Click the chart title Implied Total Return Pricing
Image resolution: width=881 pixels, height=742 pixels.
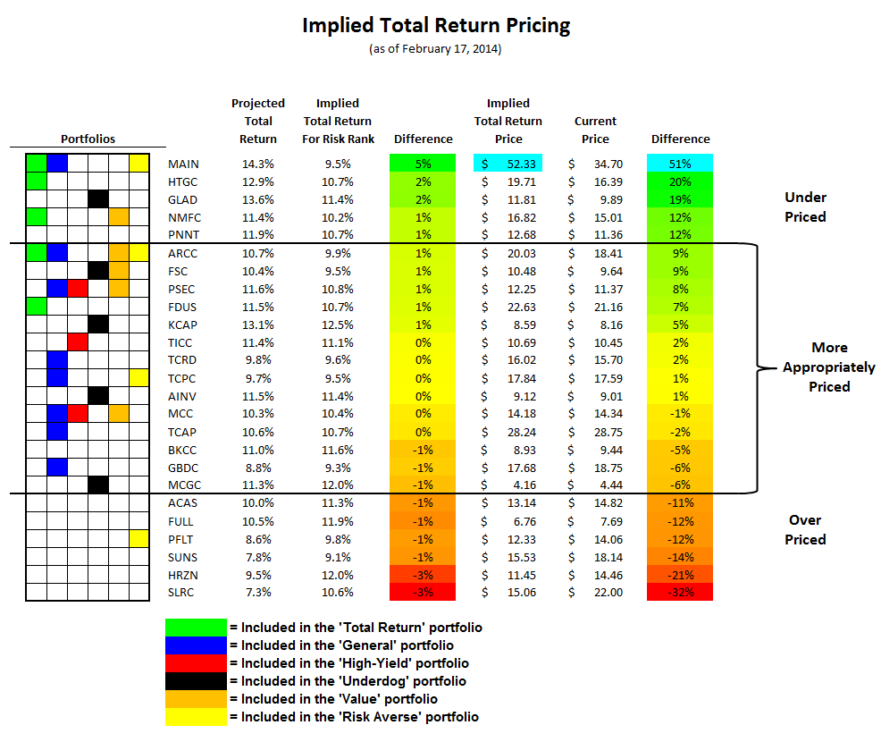coord(436,25)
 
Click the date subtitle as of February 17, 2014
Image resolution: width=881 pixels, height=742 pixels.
coord(436,49)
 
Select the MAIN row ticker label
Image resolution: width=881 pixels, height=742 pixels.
coord(183,164)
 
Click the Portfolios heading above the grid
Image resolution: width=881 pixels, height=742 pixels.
coord(88,139)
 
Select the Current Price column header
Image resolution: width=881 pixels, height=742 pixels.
coord(595,130)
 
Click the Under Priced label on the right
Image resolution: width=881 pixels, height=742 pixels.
coord(804,207)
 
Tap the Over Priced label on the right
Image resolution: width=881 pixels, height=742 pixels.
coord(804,529)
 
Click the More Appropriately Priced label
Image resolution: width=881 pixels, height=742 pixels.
coord(828,367)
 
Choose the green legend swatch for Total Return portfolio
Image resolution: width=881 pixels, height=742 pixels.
coord(196,628)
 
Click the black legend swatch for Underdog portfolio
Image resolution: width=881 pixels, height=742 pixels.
coord(196,681)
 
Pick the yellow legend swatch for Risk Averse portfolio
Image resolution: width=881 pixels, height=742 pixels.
coord(196,717)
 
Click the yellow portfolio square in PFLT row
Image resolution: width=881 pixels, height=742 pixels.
coord(139,538)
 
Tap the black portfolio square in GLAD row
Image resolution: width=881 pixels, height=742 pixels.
coord(98,199)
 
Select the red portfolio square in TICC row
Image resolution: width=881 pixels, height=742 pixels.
coord(78,342)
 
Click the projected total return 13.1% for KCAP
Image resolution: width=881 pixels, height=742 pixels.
coord(257,325)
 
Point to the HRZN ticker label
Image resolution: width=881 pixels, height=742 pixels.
coord(183,574)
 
